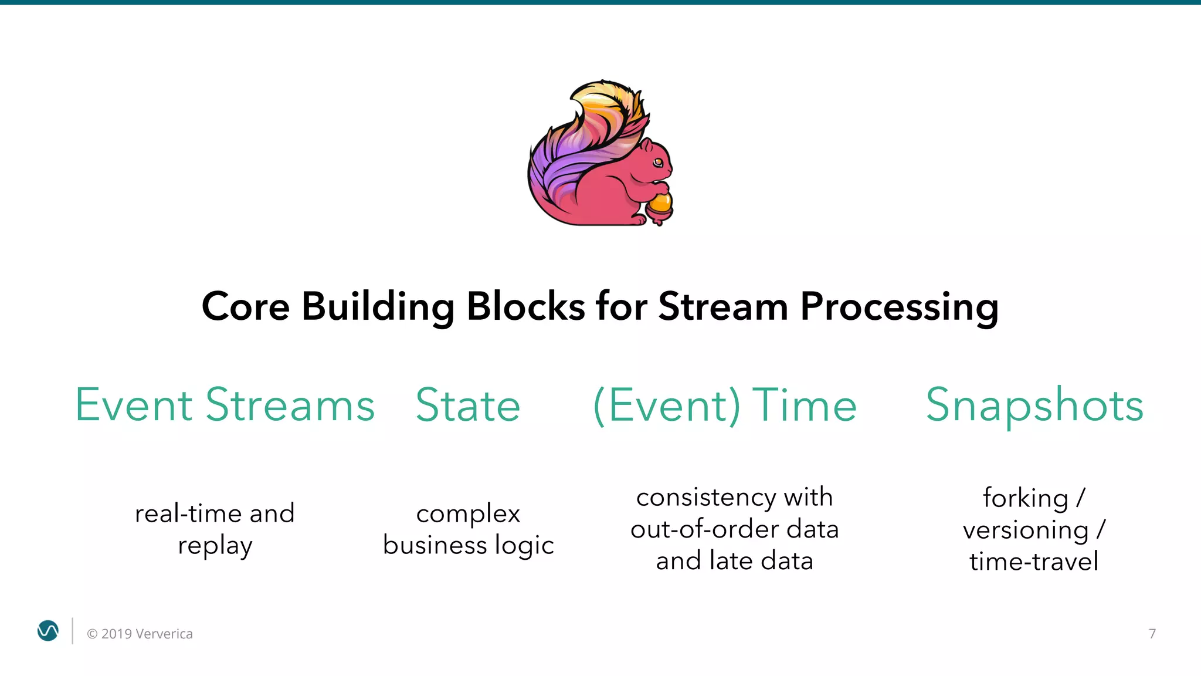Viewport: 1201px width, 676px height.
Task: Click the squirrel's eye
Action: (658, 162)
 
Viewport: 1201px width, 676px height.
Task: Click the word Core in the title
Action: (246, 306)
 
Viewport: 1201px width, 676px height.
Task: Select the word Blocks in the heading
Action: (525, 306)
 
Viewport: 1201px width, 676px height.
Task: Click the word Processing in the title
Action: (899, 307)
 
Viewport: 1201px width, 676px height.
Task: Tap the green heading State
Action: (468, 405)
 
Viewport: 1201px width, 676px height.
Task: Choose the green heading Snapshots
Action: (1034, 405)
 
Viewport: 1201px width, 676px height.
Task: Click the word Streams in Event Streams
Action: (290, 405)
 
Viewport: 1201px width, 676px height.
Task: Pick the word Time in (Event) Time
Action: (804, 405)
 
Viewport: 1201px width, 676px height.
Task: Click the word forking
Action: (1025, 499)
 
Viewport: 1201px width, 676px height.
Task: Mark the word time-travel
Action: (1034, 562)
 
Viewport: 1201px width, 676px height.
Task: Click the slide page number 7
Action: (1152, 634)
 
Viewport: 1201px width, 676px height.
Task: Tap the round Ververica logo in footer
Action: (48, 631)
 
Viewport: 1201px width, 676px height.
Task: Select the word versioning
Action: (1025, 530)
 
